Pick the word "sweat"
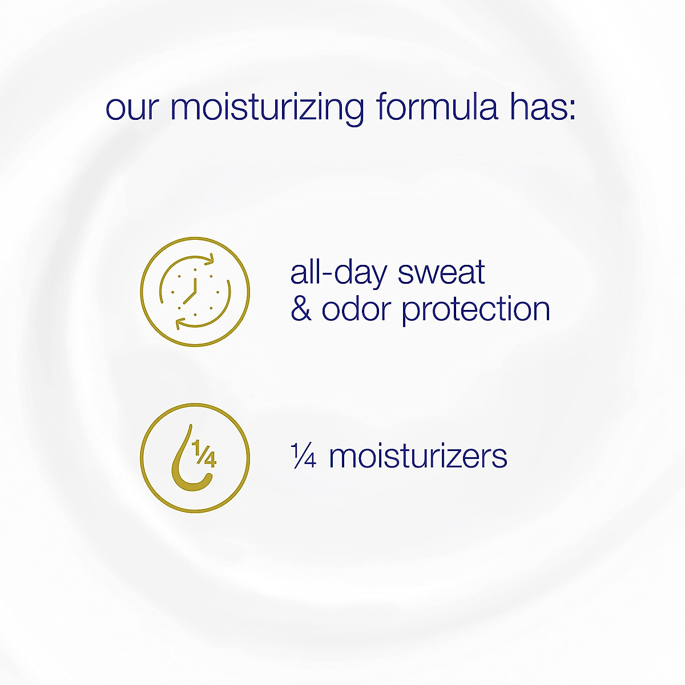(x=441, y=273)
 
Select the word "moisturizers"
(x=418, y=457)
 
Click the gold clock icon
(x=195, y=291)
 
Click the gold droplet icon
(x=195, y=458)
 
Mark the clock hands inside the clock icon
(x=191, y=289)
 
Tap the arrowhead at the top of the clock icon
(x=210, y=260)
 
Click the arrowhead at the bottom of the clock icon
(x=179, y=324)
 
